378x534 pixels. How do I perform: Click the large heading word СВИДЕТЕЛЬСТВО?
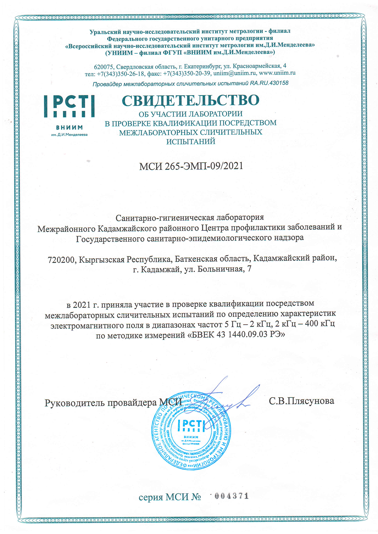[190, 101]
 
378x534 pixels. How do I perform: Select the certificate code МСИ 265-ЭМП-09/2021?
[191, 166]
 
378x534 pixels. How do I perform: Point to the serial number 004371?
[231, 496]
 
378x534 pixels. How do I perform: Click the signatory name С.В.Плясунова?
[301, 401]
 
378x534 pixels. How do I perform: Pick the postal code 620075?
[104, 66]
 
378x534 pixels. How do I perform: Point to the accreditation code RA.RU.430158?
[269, 83]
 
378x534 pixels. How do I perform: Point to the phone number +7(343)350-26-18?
[120, 74]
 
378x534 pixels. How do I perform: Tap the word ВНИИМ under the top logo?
[69, 128]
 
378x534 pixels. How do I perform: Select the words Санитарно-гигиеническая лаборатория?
[190, 217]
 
